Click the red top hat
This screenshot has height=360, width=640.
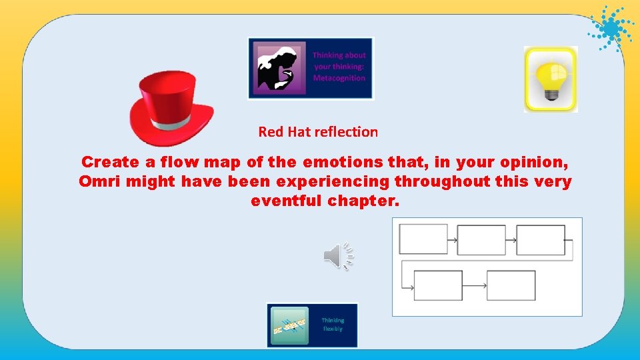point(171,107)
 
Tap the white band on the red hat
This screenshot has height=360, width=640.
point(172,125)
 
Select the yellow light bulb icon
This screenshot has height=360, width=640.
point(551,79)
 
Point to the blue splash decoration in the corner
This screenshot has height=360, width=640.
point(609,28)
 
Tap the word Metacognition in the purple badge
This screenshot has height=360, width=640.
point(339,78)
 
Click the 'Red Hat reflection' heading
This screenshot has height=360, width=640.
point(318,132)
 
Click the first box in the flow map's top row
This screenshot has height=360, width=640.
point(423,239)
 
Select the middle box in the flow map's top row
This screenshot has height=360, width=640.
point(481,240)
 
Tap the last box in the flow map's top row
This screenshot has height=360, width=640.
point(540,240)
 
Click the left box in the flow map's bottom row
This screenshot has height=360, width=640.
point(438,285)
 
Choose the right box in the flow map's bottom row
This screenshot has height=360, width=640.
point(511,285)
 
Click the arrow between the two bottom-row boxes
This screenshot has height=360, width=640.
point(474,285)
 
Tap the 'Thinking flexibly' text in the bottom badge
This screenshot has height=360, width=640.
point(333,325)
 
